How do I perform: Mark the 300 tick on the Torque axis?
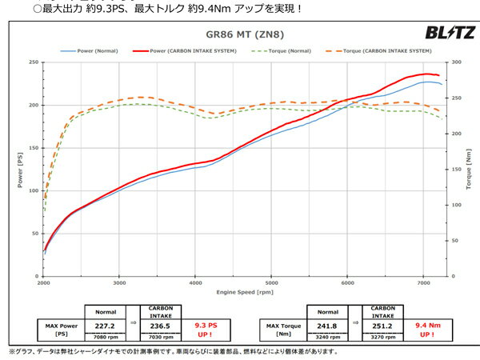454,62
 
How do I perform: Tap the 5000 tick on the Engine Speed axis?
271,284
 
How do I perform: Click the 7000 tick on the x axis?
423,284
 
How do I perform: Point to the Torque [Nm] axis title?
468,170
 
